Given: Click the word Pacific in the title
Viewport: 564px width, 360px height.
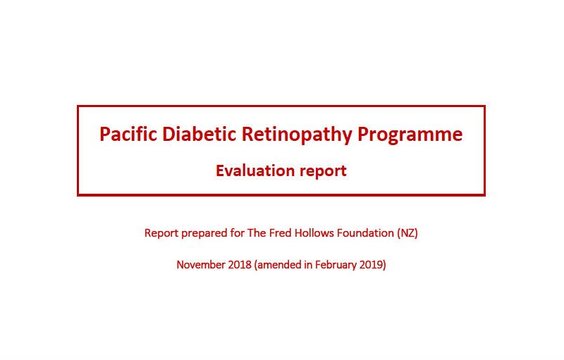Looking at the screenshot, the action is tap(128, 134).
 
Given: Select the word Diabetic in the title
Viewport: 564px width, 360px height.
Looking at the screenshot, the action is tap(200, 134).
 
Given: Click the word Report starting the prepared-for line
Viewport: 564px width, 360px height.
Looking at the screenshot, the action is tap(161, 233).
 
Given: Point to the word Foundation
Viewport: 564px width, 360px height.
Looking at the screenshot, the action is tap(365, 232).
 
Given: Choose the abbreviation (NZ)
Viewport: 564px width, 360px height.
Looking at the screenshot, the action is tap(407, 233).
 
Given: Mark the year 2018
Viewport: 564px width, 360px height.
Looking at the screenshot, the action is tap(240, 265).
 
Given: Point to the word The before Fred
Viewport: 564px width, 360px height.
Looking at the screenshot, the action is tap(257, 232).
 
